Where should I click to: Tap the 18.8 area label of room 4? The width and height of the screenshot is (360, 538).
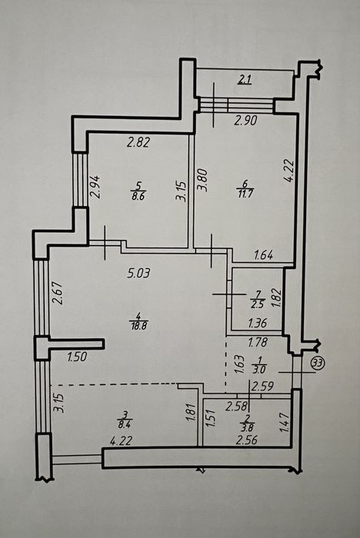click(138, 325)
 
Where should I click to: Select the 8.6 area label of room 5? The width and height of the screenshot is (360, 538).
click(138, 197)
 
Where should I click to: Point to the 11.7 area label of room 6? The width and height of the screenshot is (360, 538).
click(245, 194)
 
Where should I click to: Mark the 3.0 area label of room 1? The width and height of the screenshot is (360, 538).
click(259, 370)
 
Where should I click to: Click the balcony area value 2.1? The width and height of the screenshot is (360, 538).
click(245, 80)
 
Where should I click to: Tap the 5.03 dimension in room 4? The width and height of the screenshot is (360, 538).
click(138, 274)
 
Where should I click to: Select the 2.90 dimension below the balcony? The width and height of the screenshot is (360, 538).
click(245, 121)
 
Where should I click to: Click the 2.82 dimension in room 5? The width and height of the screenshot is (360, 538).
click(138, 142)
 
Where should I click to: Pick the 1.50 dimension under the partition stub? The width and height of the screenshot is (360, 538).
click(77, 357)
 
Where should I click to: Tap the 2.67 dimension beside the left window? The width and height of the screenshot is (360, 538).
click(58, 293)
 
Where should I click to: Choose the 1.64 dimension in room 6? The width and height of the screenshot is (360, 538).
click(264, 255)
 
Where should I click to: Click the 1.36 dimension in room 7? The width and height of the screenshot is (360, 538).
click(257, 323)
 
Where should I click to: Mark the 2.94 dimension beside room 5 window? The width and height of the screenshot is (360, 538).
click(95, 187)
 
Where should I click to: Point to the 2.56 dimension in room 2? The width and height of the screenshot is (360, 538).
click(247, 440)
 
